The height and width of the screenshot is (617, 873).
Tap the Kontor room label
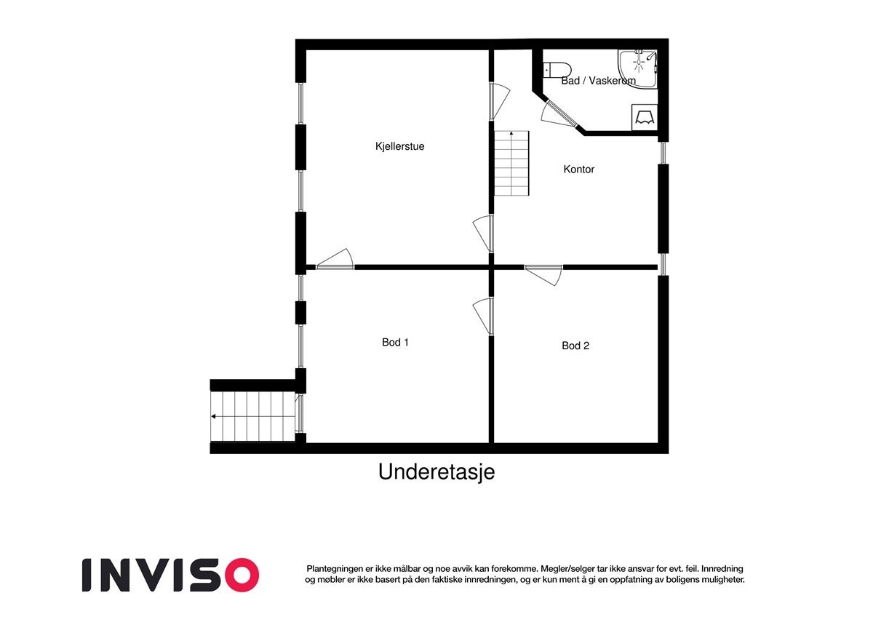point(579,170)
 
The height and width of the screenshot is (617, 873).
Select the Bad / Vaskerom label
point(598,81)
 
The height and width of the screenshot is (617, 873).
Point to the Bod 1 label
point(395,342)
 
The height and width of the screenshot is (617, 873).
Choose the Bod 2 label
point(575,346)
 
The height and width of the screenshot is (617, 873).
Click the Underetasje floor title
point(436,472)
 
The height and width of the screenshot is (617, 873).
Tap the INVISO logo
point(170,575)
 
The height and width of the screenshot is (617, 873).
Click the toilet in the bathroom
point(557,70)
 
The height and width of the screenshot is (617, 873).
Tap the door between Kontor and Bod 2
point(544,274)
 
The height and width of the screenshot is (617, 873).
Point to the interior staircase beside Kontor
point(511,164)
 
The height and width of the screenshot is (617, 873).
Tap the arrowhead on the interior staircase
point(511,134)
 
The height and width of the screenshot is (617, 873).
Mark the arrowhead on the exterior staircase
point(215,417)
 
